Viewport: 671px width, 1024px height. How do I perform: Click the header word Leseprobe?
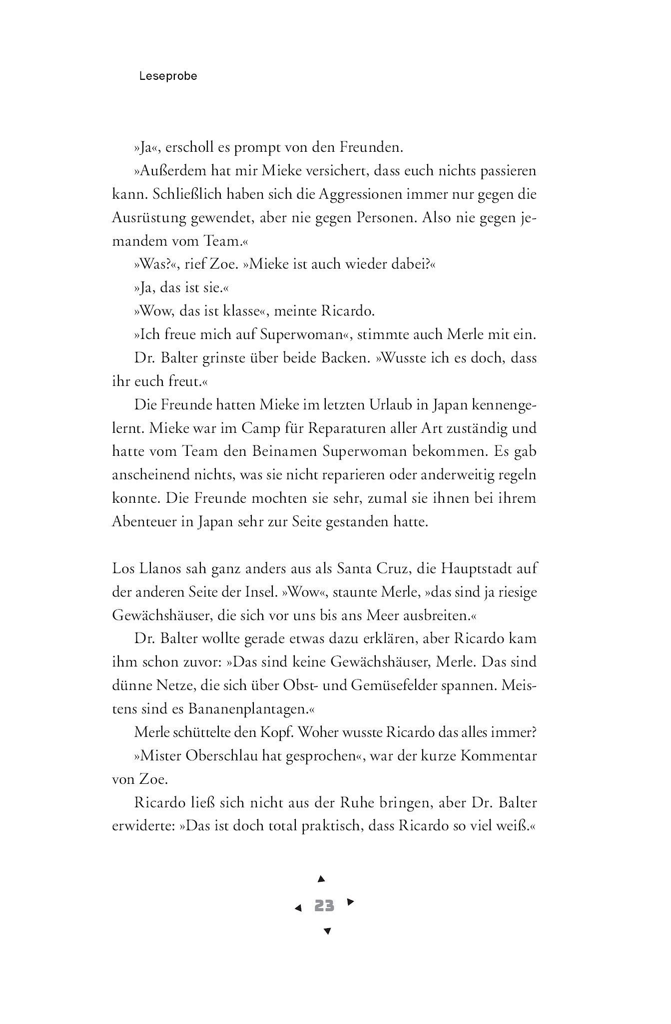pos(168,76)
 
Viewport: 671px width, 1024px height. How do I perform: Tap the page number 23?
pos(324,905)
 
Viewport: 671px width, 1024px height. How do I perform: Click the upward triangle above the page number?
pos(322,878)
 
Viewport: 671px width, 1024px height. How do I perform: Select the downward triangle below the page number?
pos(327,931)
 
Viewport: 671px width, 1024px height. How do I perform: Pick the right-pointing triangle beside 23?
pos(350,902)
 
